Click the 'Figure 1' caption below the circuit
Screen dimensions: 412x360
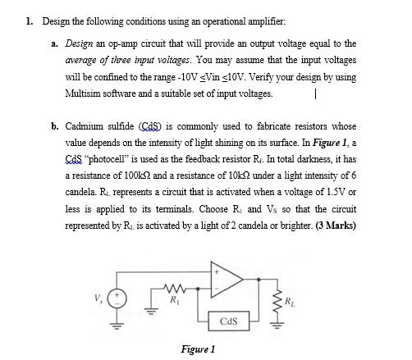[x=198, y=348]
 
